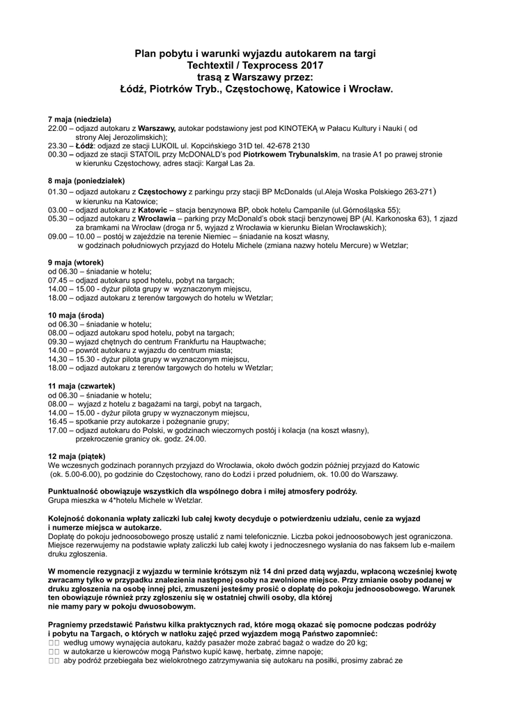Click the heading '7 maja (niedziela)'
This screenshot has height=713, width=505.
(x=79, y=119)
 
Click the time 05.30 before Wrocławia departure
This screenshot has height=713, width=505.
(x=57, y=218)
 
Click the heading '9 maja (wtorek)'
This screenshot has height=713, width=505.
(x=75, y=262)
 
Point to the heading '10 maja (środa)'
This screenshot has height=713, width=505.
(x=76, y=315)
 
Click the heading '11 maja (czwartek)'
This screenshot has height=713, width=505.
(x=81, y=386)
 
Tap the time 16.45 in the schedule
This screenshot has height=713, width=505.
(x=57, y=421)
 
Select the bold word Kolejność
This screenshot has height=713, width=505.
(x=69, y=519)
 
